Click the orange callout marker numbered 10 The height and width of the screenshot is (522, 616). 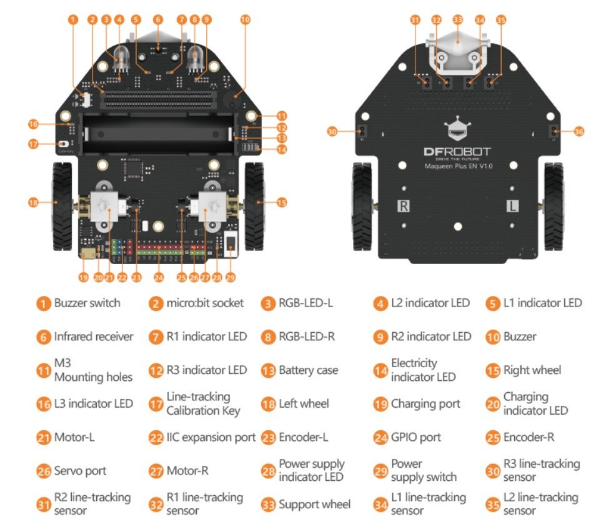245,20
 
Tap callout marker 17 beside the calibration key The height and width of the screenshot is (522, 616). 34,144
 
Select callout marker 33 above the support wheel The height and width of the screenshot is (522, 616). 457,20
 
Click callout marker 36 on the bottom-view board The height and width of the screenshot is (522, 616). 579,132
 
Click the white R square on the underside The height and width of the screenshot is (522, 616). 404,205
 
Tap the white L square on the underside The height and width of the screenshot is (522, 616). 512,205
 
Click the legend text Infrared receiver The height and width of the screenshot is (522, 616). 94,337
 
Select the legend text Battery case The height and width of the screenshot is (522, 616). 308,370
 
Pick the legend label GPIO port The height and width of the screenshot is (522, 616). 415,437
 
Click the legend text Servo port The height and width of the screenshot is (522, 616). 80,471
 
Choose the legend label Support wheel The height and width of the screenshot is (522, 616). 314,505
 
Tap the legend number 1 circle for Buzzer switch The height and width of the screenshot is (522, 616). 43,303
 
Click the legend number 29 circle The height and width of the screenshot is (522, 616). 381,471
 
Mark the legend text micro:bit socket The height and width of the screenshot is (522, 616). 205,303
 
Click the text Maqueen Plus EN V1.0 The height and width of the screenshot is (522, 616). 459,167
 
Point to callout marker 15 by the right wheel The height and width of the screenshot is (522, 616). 282,202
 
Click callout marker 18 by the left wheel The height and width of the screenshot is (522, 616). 34,202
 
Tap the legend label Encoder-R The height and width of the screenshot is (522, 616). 529,437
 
